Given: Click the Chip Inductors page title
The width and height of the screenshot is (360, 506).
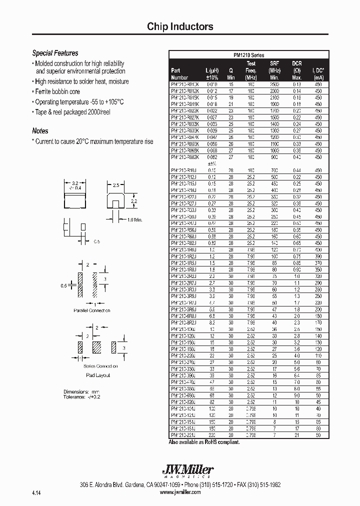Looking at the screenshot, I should pyautogui.click(x=180, y=27).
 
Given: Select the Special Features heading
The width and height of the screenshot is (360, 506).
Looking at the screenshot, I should pyautogui.click(x=55, y=53).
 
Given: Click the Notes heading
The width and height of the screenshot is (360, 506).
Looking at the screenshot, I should pyautogui.click(x=40, y=131).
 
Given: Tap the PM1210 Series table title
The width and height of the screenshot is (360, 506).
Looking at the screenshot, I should pyautogui.click(x=248, y=55).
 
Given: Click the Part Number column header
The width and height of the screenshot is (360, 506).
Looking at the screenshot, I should pyautogui.click(x=179, y=74).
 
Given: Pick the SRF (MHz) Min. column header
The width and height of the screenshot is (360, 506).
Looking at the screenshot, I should pyautogui.click(x=274, y=70).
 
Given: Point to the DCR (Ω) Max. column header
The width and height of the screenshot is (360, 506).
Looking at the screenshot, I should pyautogui.click(x=296, y=70).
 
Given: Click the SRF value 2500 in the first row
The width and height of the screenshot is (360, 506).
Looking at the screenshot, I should pyautogui.click(x=274, y=85).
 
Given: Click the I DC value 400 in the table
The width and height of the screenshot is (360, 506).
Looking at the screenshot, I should pyautogui.click(x=318, y=248).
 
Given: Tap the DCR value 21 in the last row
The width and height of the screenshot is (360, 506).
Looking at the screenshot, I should pyautogui.click(x=296, y=435).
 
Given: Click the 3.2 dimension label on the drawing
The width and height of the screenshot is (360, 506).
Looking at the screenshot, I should pyautogui.click(x=74, y=183).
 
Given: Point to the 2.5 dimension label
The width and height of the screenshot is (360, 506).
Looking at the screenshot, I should pyautogui.click(x=115, y=185).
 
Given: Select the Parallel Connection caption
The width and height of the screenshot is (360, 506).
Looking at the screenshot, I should pyautogui.click(x=91, y=310).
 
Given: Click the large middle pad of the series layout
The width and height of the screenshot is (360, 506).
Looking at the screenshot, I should pyautogui.click(x=97, y=347).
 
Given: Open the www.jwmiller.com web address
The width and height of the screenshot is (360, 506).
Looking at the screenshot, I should pyautogui.click(x=180, y=492).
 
